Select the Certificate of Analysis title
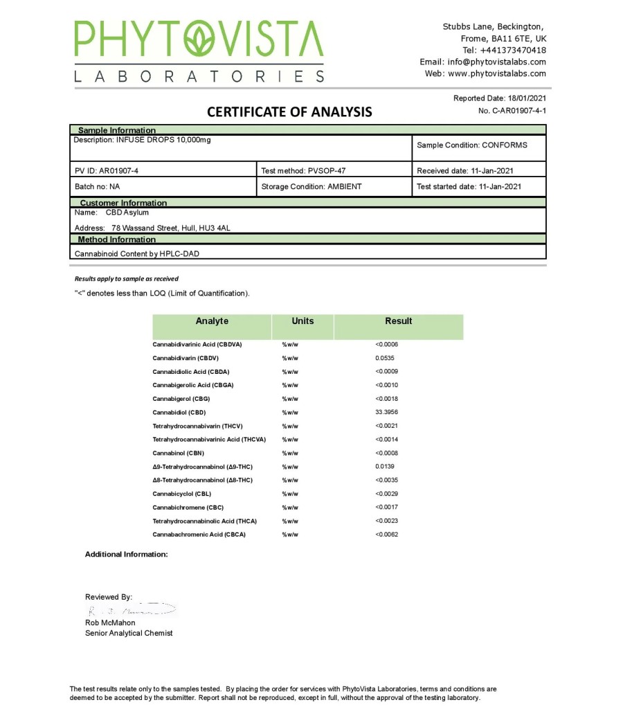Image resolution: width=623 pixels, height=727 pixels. point(289,111)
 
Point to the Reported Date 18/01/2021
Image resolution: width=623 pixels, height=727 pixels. point(500,98)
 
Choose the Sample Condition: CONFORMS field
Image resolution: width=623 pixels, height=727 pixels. point(472,145)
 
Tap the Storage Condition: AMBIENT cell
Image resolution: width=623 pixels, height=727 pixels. point(311,186)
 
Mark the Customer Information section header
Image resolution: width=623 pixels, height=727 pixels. point(123,203)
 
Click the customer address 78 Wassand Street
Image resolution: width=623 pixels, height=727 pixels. point(170,228)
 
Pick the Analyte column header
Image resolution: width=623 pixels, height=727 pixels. point(212,321)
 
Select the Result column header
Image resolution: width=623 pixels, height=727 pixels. point(398,321)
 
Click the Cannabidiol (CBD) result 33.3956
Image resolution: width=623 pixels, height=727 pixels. point(387,413)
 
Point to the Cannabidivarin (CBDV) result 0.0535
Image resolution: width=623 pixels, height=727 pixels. point(385,358)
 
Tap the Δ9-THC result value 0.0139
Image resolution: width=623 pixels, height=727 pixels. point(385,467)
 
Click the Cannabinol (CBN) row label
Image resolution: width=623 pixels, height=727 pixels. point(179,454)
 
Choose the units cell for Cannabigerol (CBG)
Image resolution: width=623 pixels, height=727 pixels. point(290,399)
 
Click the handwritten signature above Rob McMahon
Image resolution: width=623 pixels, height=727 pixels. point(132,610)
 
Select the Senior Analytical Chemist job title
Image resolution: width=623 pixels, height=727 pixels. point(129,633)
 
